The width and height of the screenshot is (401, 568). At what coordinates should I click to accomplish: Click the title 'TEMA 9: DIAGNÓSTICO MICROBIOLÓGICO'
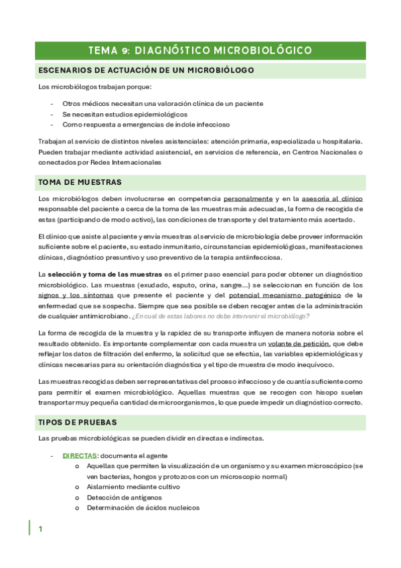200,50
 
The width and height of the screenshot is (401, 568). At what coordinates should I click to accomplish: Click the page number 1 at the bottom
41,529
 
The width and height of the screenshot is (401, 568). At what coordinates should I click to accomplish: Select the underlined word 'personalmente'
248,199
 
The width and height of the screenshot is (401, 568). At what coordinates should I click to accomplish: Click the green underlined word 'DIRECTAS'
79,455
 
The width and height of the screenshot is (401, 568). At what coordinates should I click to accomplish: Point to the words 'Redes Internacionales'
125,162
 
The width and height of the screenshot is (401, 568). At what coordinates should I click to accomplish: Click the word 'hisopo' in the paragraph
313,392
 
